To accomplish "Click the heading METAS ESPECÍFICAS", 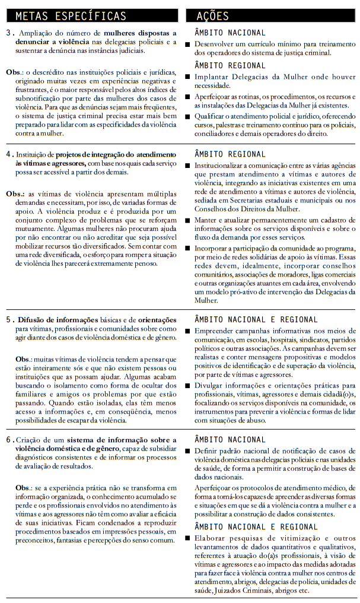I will (x=71, y=15).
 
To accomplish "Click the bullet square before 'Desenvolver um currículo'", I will (x=188, y=45).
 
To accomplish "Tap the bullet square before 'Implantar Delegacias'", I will (x=188, y=77).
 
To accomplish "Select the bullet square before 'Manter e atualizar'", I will (x=188, y=220).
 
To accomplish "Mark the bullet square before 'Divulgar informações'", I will (x=188, y=385).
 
